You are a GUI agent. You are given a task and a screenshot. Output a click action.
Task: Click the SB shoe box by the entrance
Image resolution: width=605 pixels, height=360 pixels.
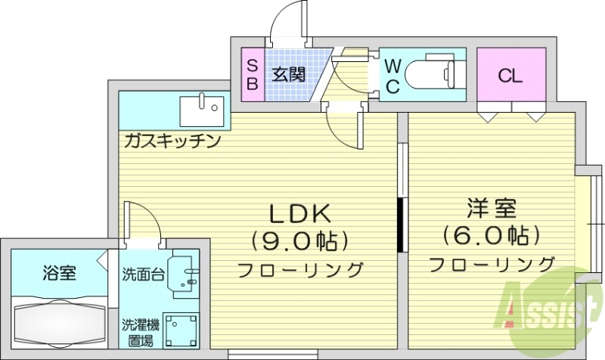[x=252, y=75]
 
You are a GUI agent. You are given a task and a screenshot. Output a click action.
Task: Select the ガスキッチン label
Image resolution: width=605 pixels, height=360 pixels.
[x=172, y=141]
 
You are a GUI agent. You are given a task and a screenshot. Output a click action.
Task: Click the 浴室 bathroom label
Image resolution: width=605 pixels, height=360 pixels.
[x=57, y=274]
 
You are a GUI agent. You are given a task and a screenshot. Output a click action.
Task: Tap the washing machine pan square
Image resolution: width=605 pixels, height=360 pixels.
[x=181, y=329]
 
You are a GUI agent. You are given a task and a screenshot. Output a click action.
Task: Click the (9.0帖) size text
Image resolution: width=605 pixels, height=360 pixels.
[x=299, y=241]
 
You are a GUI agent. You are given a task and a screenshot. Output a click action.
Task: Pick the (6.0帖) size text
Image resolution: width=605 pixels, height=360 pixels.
[x=492, y=235]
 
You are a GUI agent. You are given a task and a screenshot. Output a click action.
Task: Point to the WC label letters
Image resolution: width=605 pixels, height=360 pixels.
[x=392, y=76]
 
